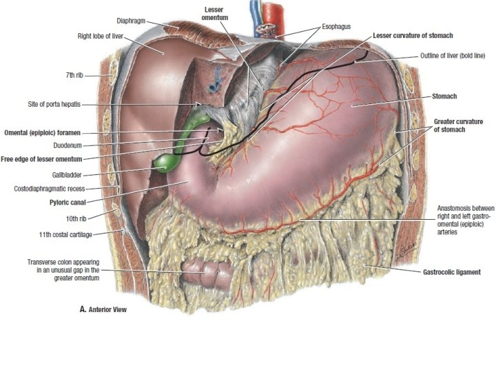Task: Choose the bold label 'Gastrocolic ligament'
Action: click(451, 271)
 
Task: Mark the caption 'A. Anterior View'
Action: click(103, 310)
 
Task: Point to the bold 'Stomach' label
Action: click(446, 97)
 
